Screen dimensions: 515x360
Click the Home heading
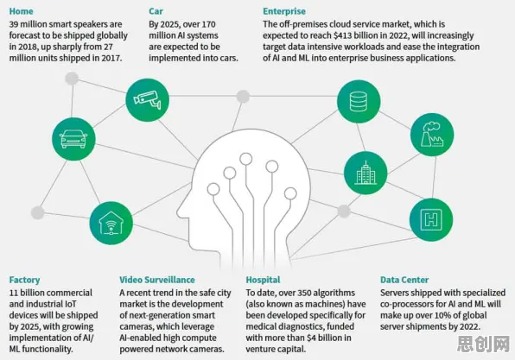point(21,11)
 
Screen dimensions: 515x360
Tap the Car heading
point(156,11)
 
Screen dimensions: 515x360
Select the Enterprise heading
point(284,11)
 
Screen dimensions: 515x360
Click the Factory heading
point(24,280)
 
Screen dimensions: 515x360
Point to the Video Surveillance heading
point(157,280)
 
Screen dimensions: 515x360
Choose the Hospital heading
point(263,280)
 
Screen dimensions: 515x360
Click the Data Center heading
point(404,280)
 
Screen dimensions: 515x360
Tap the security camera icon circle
point(148,100)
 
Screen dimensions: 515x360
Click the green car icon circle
point(73,139)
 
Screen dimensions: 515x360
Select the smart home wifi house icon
point(111,223)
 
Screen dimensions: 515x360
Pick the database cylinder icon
point(359,101)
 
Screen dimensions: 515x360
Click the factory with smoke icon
point(432,135)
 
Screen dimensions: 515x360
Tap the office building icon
point(366,173)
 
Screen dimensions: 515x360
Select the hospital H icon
point(431,219)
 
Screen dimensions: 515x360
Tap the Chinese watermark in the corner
point(484,344)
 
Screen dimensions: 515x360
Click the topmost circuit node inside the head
point(245,159)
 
